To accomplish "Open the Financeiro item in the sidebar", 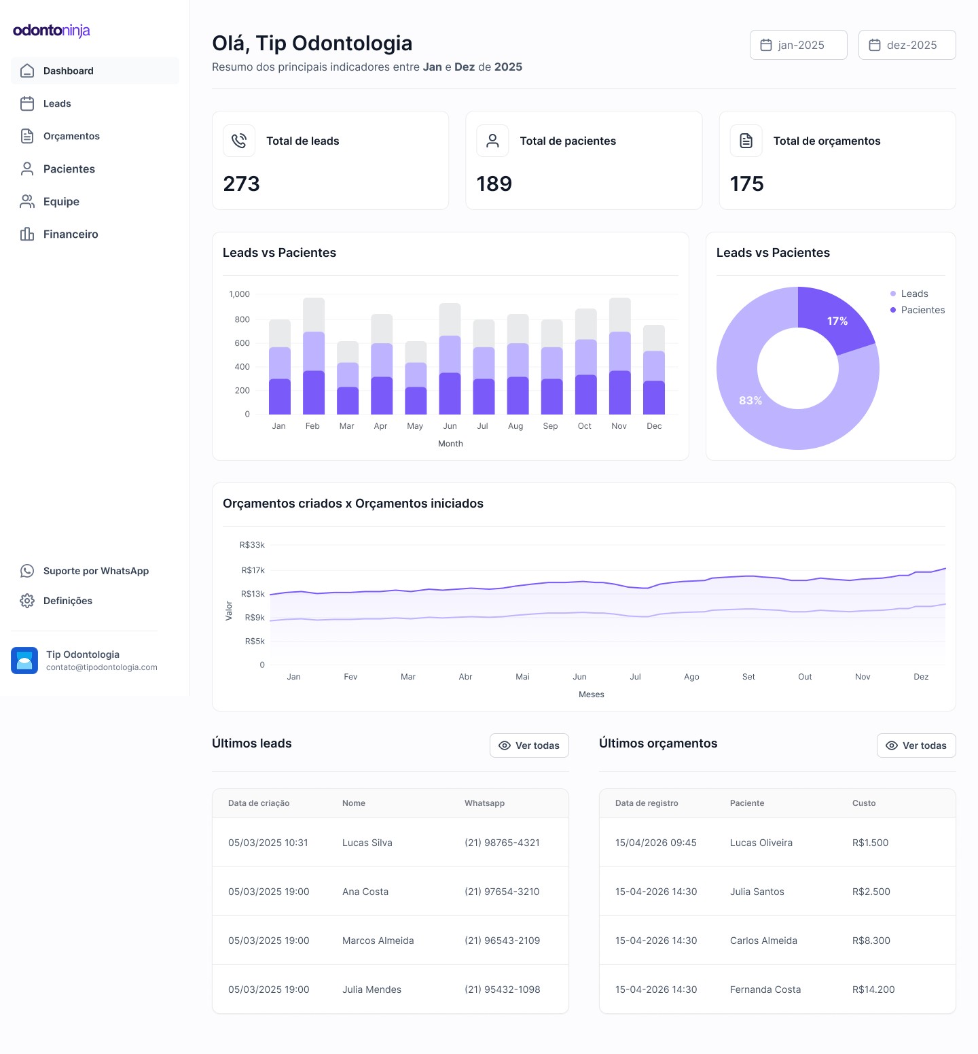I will (70, 234).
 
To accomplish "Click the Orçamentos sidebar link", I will (71, 137).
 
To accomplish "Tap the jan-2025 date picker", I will (798, 45).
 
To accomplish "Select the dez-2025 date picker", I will (907, 45).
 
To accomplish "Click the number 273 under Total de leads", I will (242, 184).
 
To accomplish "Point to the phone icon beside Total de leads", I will (239, 141).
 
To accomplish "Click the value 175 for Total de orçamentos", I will (746, 184).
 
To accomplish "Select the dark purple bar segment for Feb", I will (314, 392).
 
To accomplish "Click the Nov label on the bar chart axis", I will (619, 426).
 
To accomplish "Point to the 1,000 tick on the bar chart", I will (239, 294).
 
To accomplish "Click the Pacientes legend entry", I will (922, 310).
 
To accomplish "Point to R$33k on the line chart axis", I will (252, 545).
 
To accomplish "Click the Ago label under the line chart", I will (691, 677).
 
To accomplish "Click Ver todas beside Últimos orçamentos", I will (916, 745).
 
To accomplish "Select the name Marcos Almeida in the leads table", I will (378, 941).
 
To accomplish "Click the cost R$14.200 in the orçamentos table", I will (873, 989).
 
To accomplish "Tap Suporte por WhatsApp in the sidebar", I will (96, 571).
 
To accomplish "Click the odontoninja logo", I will (52, 31).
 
